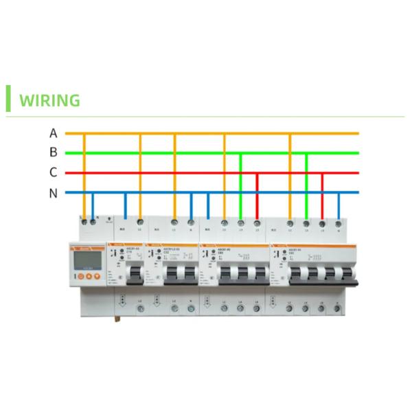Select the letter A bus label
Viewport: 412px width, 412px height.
tap(53, 133)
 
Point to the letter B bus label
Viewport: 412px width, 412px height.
tap(53, 152)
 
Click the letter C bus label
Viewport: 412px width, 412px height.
tap(53, 173)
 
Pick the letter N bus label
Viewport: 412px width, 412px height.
tap(53, 193)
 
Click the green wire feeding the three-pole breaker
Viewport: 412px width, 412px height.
tap(240, 185)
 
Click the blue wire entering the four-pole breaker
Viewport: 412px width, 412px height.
tap(339, 206)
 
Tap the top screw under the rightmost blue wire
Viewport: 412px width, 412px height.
tap(339, 224)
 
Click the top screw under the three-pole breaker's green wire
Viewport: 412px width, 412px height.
tap(240, 223)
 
